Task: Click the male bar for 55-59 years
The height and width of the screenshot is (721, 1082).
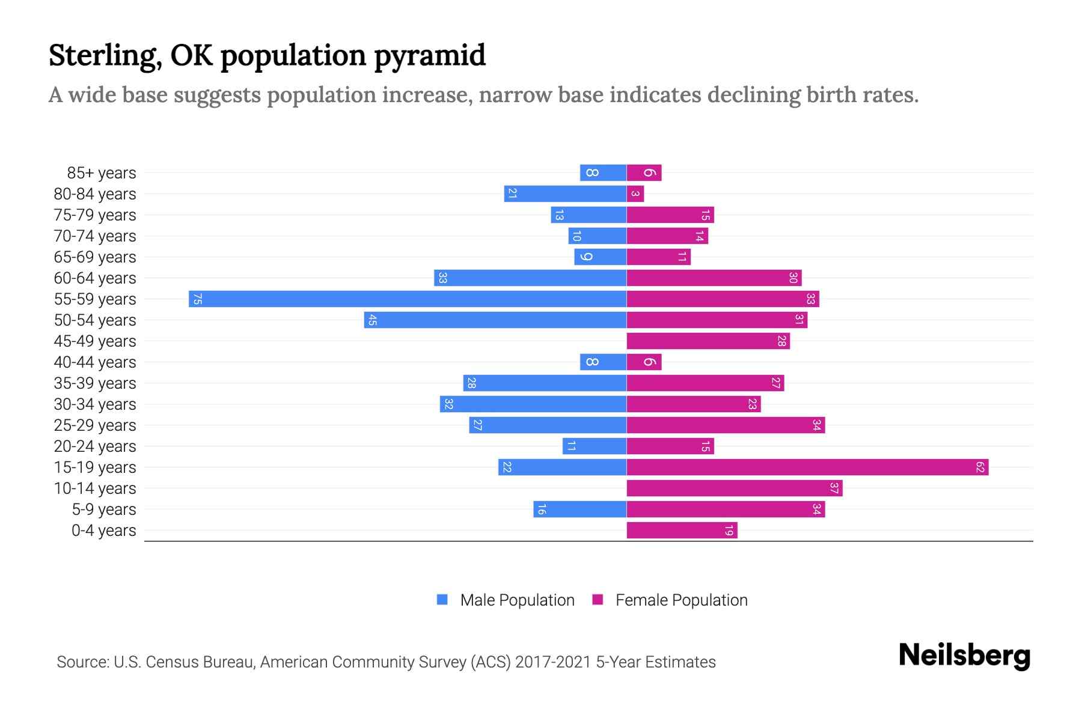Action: (x=408, y=299)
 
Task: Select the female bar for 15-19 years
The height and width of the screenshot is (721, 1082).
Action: (x=807, y=467)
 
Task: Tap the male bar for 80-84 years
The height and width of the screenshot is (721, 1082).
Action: (x=565, y=193)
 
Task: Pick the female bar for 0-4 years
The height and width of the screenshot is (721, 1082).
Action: (x=682, y=530)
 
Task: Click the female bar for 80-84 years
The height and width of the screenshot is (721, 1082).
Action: (x=635, y=193)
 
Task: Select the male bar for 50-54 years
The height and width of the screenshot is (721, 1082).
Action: (x=495, y=320)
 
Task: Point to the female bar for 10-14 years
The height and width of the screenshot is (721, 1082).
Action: (x=734, y=488)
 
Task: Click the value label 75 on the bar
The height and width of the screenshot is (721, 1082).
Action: (x=197, y=299)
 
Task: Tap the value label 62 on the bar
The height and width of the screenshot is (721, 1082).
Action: (x=980, y=467)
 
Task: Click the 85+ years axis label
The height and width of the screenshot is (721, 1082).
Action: (x=101, y=173)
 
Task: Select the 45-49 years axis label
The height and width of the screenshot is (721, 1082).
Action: (x=95, y=341)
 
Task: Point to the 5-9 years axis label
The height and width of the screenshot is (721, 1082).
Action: (x=103, y=510)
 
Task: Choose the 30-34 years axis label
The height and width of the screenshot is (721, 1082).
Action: (x=95, y=404)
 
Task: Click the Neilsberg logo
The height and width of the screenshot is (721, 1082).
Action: (x=964, y=655)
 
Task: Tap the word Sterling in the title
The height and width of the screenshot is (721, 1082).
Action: (x=103, y=55)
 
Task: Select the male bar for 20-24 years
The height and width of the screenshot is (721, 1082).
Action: (x=594, y=446)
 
